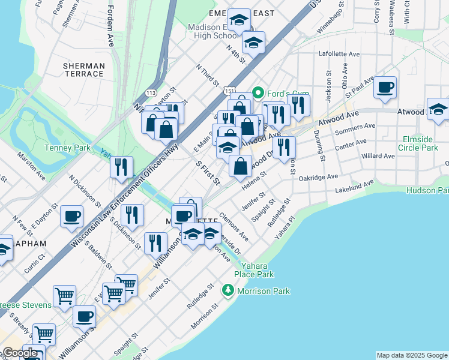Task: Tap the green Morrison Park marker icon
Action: click(x=228, y=291)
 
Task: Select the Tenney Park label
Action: click(x=67, y=148)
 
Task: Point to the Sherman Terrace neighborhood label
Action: click(x=83, y=69)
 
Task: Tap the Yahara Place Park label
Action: click(x=258, y=270)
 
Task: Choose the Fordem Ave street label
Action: click(x=110, y=27)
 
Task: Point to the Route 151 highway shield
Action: click(x=230, y=90)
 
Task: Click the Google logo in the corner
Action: click(x=20, y=353)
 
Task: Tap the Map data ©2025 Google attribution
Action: click(x=412, y=355)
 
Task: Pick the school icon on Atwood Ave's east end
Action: click(x=438, y=109)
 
